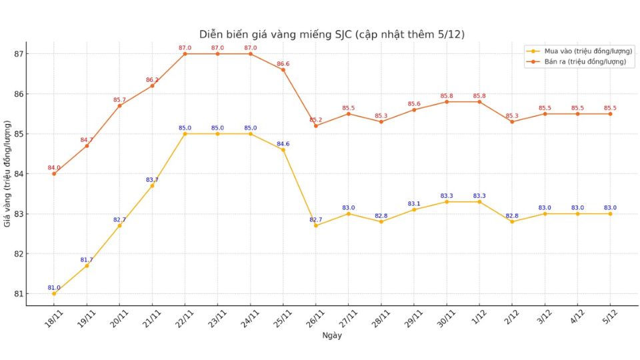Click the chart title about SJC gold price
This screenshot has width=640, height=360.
(x=331, y=34)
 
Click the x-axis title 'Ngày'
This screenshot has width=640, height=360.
(x=331, y=336)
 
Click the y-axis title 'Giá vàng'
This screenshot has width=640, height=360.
(x=7, y=174)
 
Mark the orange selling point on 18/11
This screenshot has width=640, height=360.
(x=54, y=174)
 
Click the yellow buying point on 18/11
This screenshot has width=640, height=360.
(x=54, y=294)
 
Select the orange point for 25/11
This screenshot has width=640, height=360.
(x=283, y=70)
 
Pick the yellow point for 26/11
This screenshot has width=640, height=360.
(x=316, y=226)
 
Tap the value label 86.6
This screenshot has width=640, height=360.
(x=283, y=64)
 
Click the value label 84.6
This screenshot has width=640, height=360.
(x=283, y=144)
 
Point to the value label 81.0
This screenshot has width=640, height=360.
(x=53, y=288)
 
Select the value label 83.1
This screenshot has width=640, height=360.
(x=414, y=204)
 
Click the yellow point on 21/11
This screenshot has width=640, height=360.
(x=152, y=186)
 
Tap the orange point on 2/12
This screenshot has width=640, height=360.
(x=512, y=122)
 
